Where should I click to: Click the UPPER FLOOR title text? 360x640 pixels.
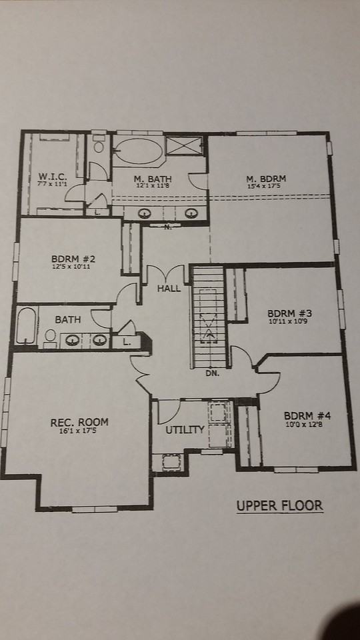tap(279, 506)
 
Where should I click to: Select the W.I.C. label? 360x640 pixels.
tap(51, 177)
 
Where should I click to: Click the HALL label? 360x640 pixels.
tap(169, 289)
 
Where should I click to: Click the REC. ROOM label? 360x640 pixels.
tap(79, 422)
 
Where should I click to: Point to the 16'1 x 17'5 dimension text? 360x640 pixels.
tap(79, 431)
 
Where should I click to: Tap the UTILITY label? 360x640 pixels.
tap(185, 429)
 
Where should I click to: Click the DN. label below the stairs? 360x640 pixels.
tap(213, 373)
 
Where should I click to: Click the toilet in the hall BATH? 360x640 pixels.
tap(50, 338)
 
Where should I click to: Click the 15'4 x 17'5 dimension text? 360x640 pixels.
tap(265, 187)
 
